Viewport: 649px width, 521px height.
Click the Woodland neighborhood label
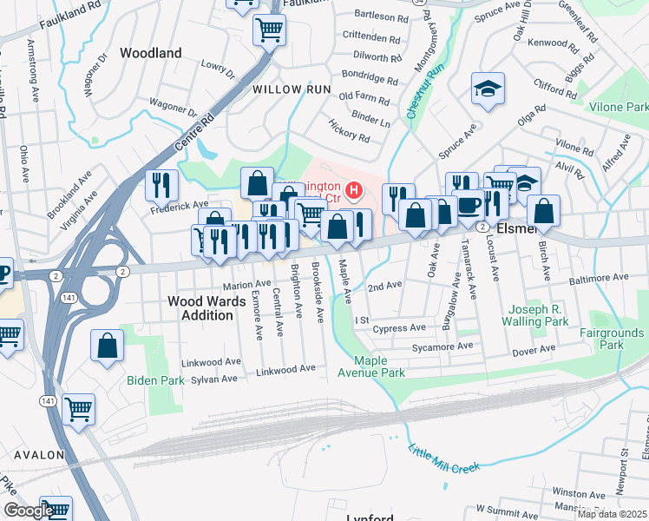click(151, 53)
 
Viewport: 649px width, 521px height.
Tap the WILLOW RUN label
click(292, 89)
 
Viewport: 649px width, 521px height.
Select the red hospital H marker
click(353, 189)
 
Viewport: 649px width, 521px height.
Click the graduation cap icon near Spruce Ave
click(488, 89)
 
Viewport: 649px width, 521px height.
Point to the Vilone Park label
click(619, 107)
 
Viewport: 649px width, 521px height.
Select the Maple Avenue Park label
click(379, 367)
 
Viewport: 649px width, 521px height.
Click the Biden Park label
click(155, 380)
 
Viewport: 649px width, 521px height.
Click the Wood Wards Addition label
click(200, 308)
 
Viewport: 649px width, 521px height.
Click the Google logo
click(28, 511)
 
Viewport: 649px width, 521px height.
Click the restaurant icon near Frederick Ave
click(161, 185)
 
